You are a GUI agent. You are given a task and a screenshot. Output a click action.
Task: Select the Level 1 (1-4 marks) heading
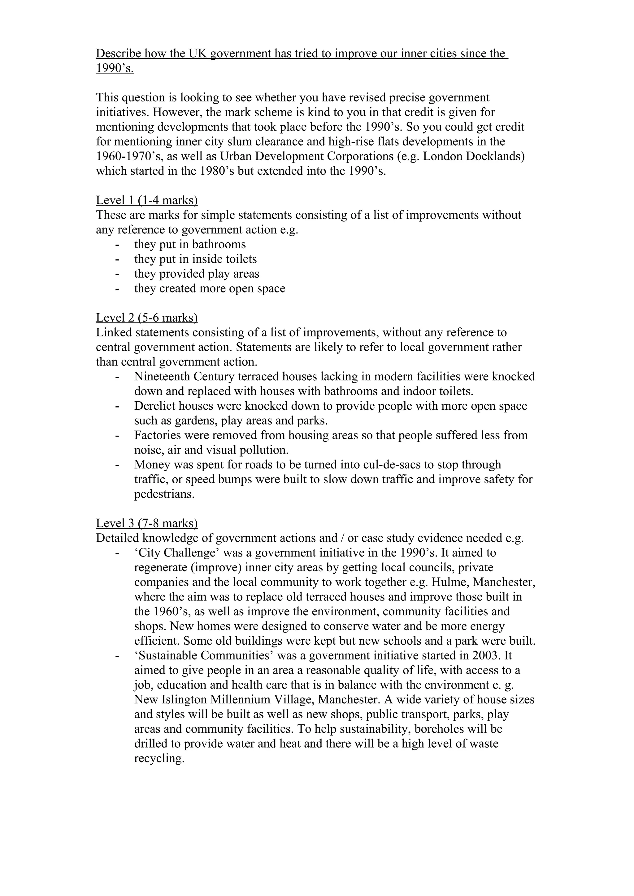[146, 200]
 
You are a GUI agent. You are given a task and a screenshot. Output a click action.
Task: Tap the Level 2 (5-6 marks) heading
[146, 318]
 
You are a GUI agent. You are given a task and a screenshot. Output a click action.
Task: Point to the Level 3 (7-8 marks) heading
[146, 523]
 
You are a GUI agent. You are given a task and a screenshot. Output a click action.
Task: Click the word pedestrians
[164, 494]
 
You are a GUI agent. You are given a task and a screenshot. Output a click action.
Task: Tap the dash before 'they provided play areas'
[117, 274]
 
